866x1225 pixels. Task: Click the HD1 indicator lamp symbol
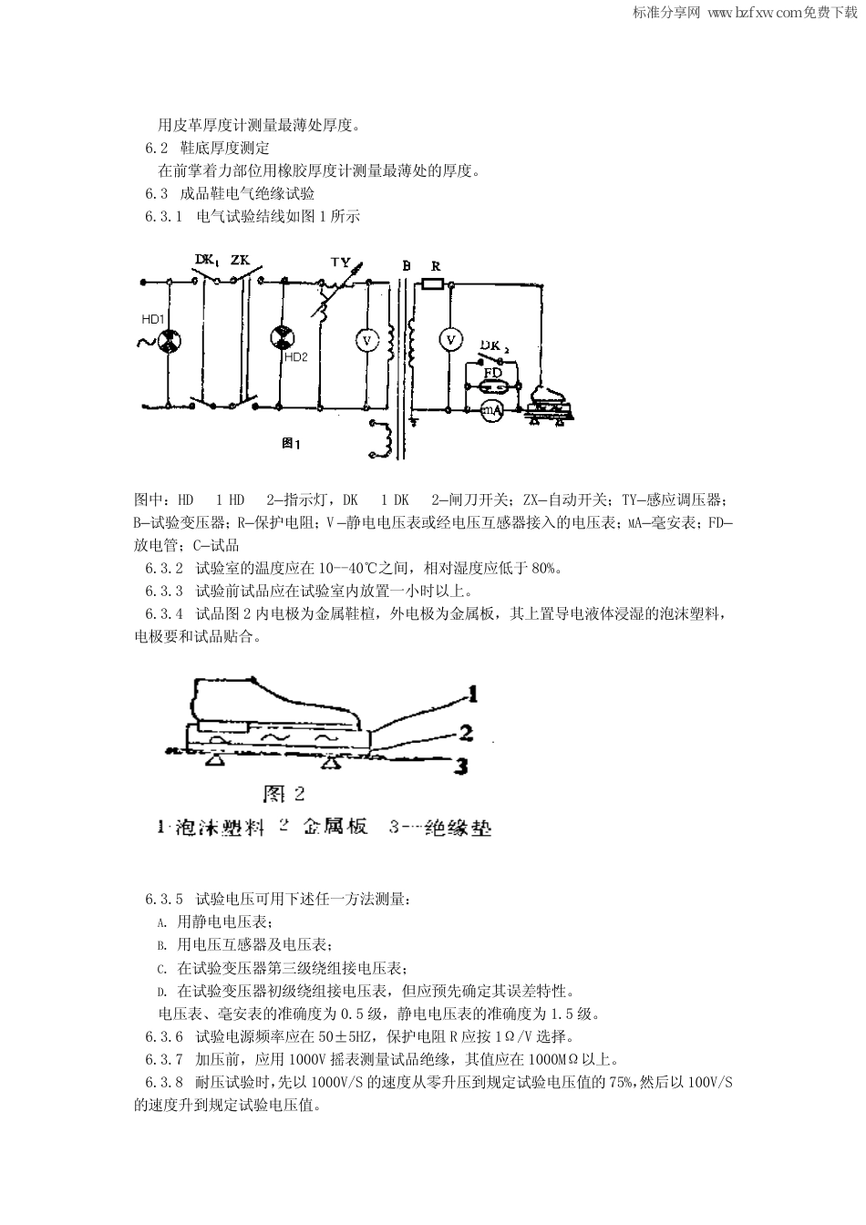[x=168, y=342]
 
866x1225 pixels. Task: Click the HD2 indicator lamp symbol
[x=282, y=337]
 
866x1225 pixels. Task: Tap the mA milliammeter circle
[x=492, y=411]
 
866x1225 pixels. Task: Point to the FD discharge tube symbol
[x=492, y=386]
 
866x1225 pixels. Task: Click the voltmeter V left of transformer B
[x=366, y=339]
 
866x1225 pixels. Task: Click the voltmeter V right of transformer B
[x=449, y=339]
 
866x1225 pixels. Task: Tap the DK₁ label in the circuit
[x=207, y=261]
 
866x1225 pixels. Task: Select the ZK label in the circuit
[x=240, y=261]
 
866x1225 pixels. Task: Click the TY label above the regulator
[x=339, y=262]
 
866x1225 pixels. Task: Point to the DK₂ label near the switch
[x=496, y=345]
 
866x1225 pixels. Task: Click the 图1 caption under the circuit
[x=291, y=444]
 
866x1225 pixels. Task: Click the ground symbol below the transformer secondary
[x=414, y=420]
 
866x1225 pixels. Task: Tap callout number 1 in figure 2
[x=472, y=695]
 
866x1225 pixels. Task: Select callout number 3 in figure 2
[x=462, y=766]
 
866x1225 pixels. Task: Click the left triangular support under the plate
[x=216, y=758]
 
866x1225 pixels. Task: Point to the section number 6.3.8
[x=164, y=1082]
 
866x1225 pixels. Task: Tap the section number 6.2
[x=157, y=148]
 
